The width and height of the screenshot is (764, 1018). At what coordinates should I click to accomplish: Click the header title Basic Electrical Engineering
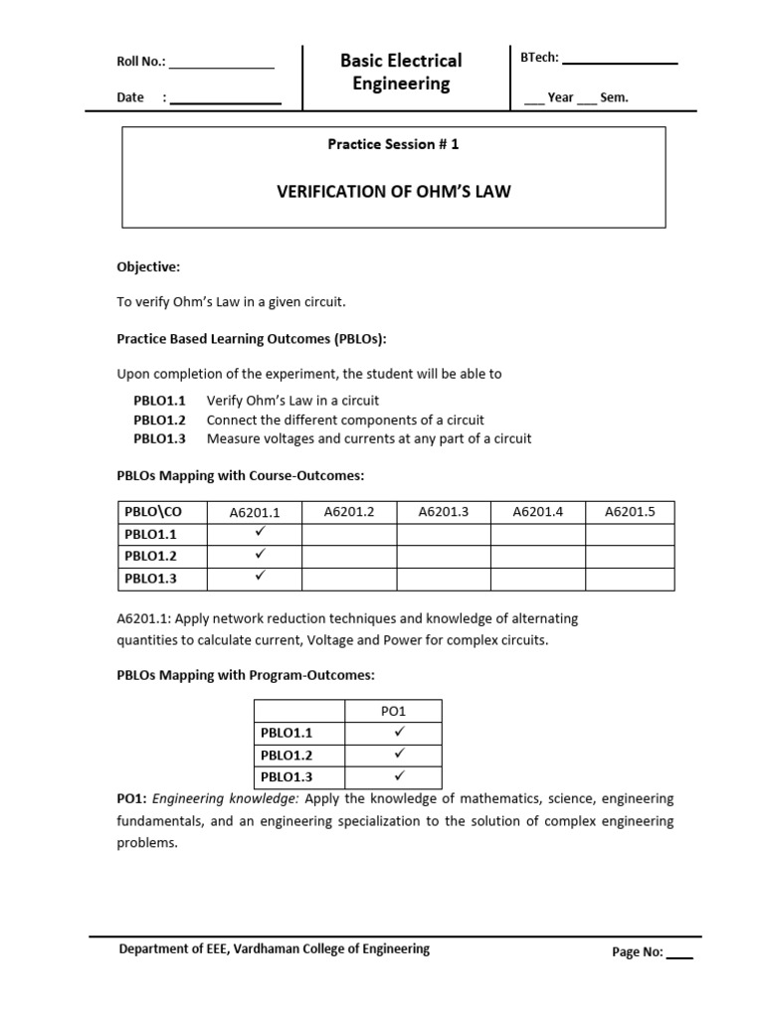click(x=401, y=73)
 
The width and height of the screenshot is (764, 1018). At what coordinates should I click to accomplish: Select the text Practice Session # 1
click(x=393, y=144)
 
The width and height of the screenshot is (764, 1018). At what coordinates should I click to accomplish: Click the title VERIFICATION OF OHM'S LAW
click(x=393, y=191)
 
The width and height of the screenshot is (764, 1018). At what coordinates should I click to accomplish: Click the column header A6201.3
click(x=443, y=512)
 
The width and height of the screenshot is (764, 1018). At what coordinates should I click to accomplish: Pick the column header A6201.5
click(x=630, y=512)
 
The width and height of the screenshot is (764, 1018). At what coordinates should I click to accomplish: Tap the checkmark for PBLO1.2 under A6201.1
click(x=260, y=554)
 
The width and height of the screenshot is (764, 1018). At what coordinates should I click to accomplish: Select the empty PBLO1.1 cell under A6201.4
click(x=537, y=534)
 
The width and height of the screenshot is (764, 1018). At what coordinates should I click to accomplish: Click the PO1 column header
click(x=395, y=711)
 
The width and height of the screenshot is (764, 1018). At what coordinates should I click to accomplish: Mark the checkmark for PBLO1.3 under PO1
click(x=398, y=775)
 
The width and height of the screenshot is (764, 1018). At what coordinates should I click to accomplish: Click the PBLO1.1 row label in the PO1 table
click(x=286, y=733)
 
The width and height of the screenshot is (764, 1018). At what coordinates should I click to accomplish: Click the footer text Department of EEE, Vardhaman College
click(x=275, y=949)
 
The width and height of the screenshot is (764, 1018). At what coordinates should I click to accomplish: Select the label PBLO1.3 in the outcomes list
click(x=160, y=438)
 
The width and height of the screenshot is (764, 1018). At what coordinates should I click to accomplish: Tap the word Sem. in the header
click(x=614, y=97)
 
